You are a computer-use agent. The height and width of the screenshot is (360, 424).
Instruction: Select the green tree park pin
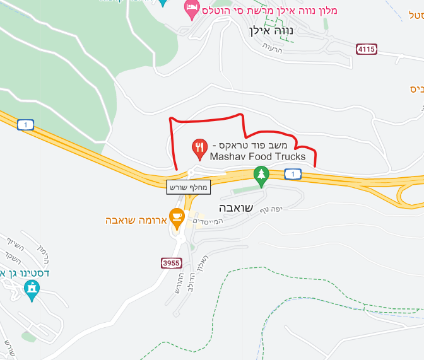pos(261,176)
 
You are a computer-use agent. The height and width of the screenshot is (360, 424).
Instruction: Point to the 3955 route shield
pos(172,262)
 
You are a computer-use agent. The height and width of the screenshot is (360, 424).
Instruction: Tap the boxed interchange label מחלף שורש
pos(187,187)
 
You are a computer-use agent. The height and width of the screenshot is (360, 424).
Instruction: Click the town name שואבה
pos(235,209)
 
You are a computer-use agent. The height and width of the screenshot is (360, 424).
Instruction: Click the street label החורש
pos(180,277)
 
